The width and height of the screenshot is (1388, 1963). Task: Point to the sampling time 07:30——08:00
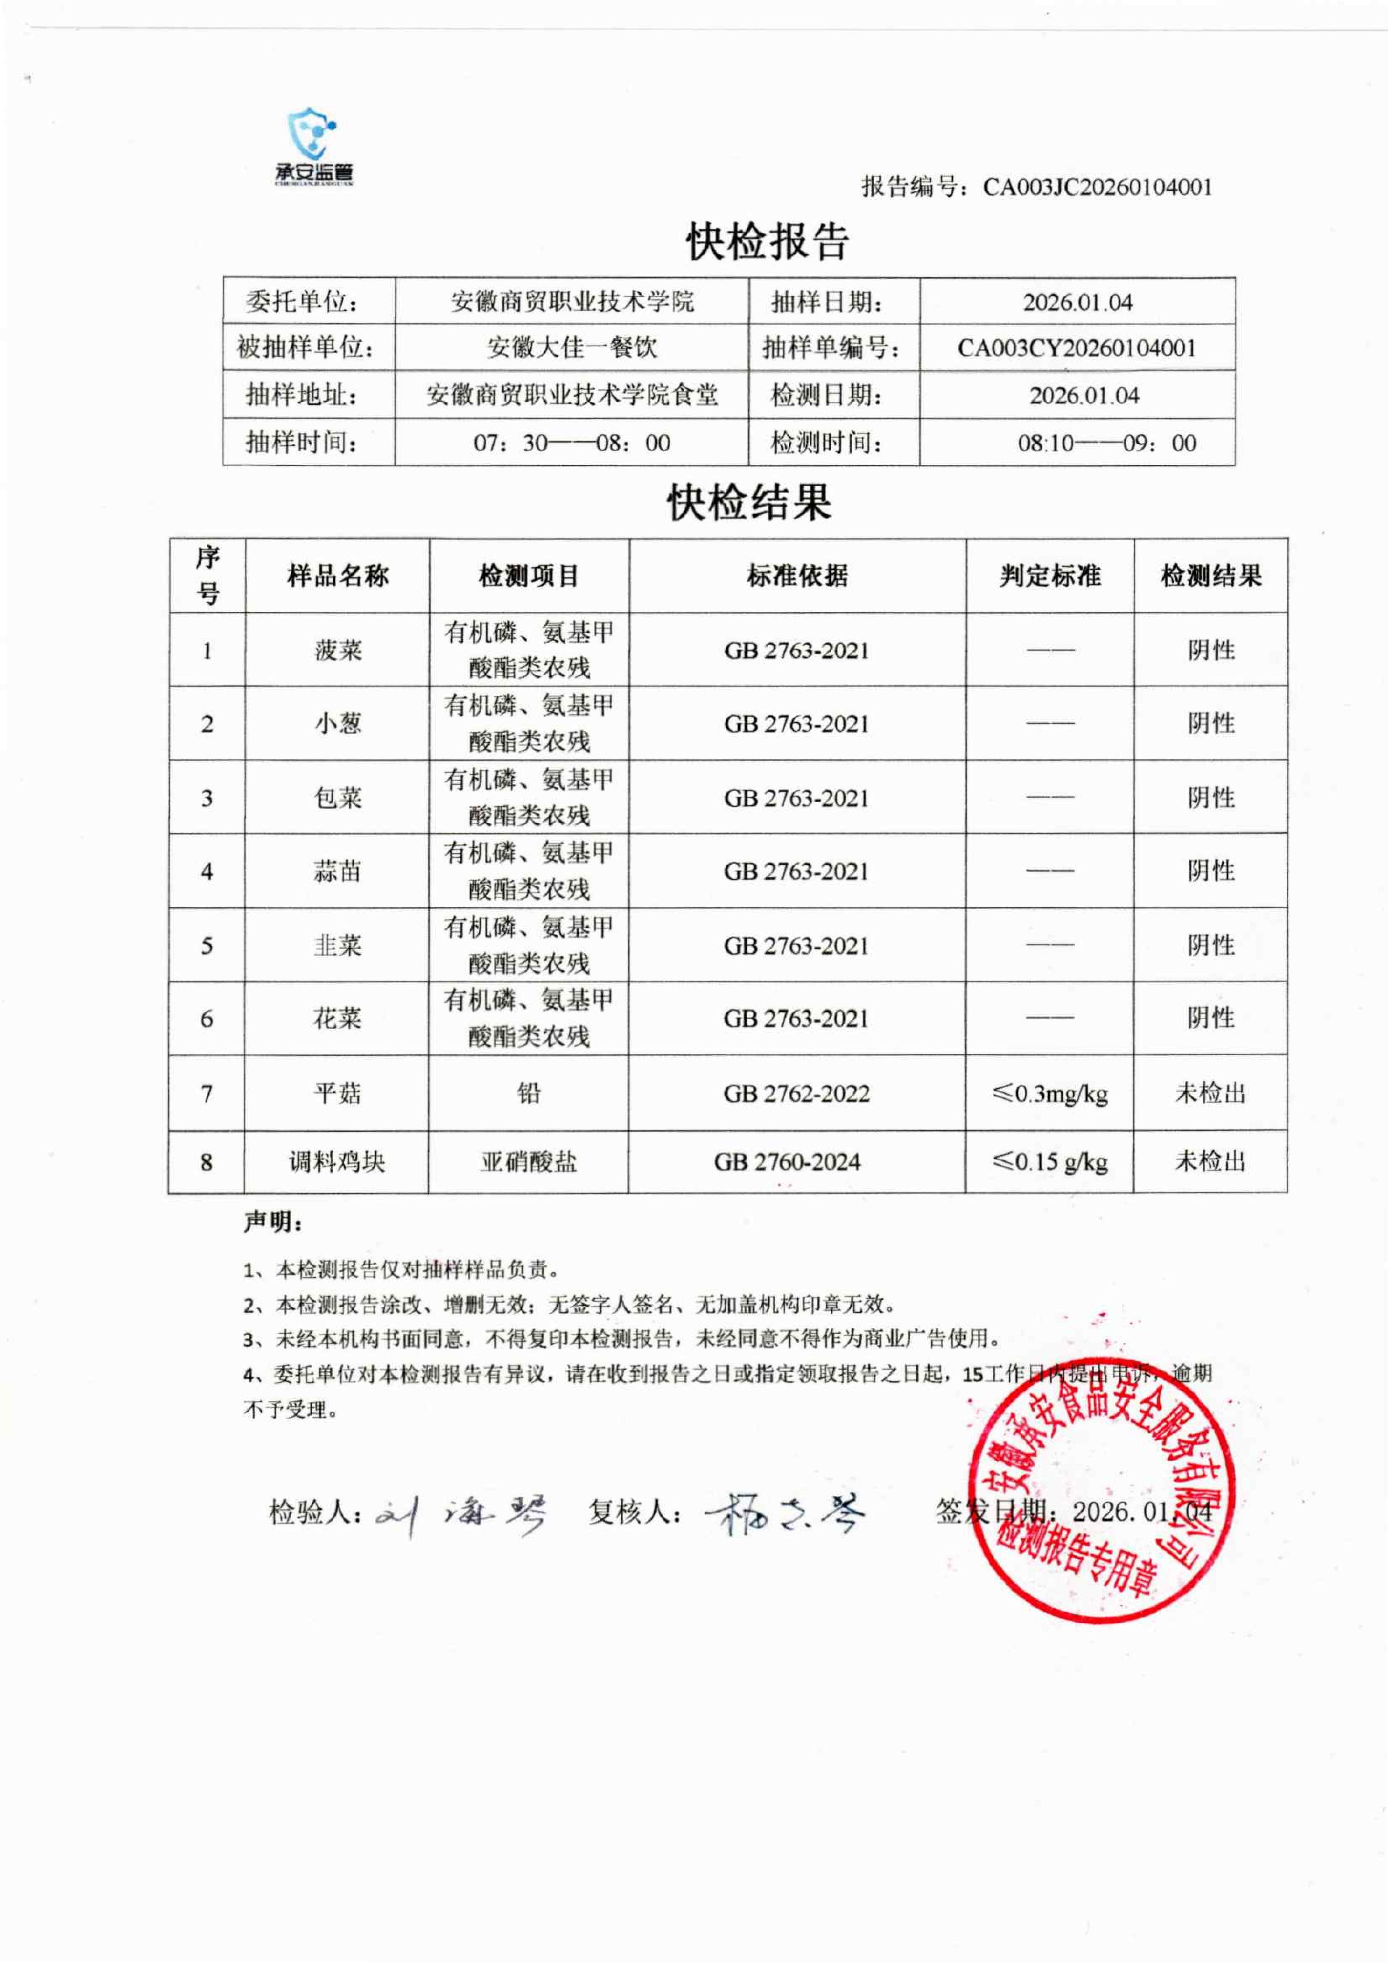tap(572, 443)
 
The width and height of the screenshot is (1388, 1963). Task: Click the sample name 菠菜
tap(338, 650)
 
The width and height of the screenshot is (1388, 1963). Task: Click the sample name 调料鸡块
tap(337, 1162)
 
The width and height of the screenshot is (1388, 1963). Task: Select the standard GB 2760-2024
tap(787, 1162)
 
